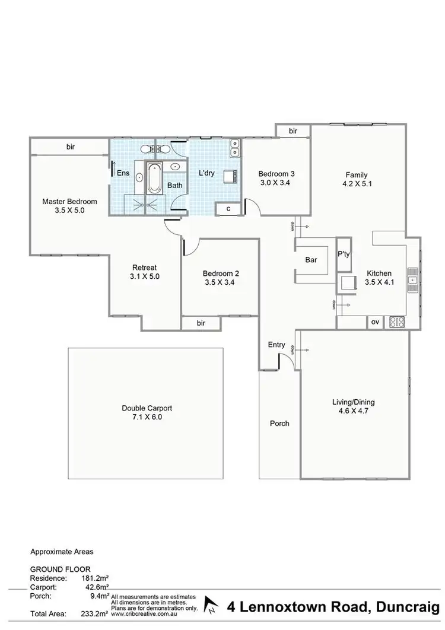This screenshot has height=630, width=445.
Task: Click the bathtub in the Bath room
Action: [x=154, y=177]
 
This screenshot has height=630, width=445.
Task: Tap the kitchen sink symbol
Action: [x=413, y=279]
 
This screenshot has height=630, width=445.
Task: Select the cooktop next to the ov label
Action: [x=396, y=322]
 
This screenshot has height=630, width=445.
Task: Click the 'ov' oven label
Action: [x=375, y=322]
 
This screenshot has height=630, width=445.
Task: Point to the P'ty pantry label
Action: [x=344, y=253]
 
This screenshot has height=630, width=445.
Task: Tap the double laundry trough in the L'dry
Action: [x=236, y=147]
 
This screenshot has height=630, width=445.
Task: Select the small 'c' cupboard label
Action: [x=228, y=209]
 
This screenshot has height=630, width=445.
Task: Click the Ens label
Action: [x=123, y=173]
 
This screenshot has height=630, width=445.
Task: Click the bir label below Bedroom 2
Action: [x=201, y=323]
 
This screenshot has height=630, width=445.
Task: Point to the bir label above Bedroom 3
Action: [x=293, y=131]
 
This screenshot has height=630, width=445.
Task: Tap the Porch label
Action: [x=279, y=423]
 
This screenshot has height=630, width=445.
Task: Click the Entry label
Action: [x=276, y=345]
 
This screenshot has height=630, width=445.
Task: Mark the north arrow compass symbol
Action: [x=211, y=606]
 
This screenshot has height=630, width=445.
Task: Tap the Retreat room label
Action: [x=145, y=267]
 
